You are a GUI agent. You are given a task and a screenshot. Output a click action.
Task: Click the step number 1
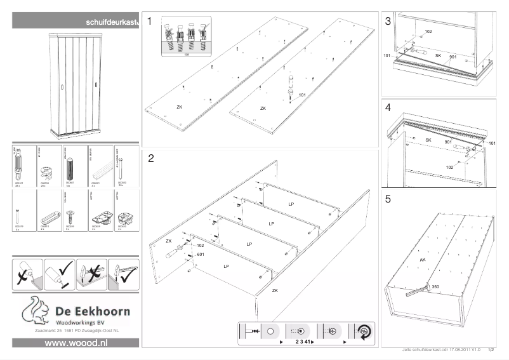150,22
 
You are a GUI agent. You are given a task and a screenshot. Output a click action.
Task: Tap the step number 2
150,158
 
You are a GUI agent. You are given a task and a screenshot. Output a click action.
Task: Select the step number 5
388,199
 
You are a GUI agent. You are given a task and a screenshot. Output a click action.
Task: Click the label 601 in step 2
201,253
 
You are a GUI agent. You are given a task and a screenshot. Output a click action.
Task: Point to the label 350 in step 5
435,287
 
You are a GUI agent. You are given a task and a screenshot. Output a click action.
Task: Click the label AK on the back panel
423,260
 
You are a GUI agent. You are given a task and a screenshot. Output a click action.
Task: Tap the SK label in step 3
437,56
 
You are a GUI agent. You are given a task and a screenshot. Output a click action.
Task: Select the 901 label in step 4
447,142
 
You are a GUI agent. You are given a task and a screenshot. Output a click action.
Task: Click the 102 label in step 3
428,31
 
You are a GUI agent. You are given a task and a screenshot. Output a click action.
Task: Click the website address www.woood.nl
76,343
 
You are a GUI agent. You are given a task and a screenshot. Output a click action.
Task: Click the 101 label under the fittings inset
187,55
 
